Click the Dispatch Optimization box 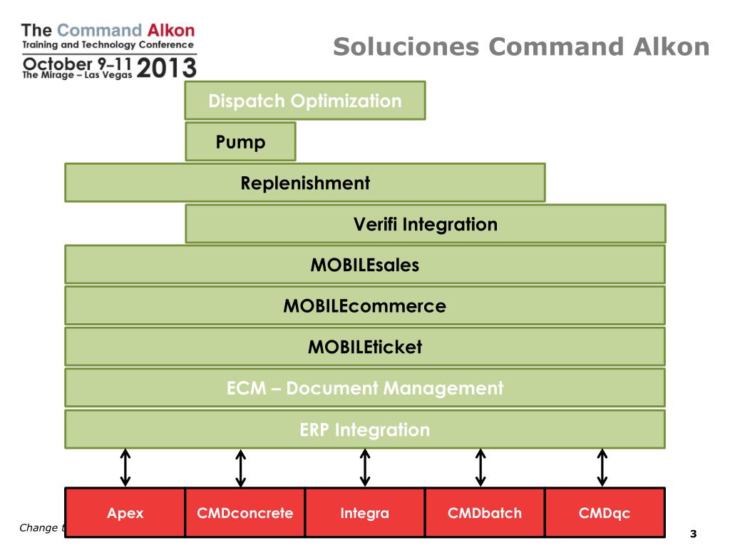(x=305, y=101)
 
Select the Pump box (x=240, y=142)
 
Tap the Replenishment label (x=305, y=183)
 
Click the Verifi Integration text (x=426, y=224)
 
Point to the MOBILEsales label (x=365, y=265)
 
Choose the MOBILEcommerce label (x=365, y=306)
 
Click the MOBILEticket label (x=365, y=347)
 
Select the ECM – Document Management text (x=365, y=388)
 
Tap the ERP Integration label (x=365, y=430)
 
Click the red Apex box (x=125, y=512)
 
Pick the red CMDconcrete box (x=245, y=512)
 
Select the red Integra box (x=365, y=512)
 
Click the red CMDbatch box (x=485, y=512)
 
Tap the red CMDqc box (x=605, y=512)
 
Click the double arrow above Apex (x=125, y=467)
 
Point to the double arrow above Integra (x=365, y=467)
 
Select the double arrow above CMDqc (x=602, y=467)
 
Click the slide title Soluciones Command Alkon (x=521, y=47)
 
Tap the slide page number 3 (x=692, y=534)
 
